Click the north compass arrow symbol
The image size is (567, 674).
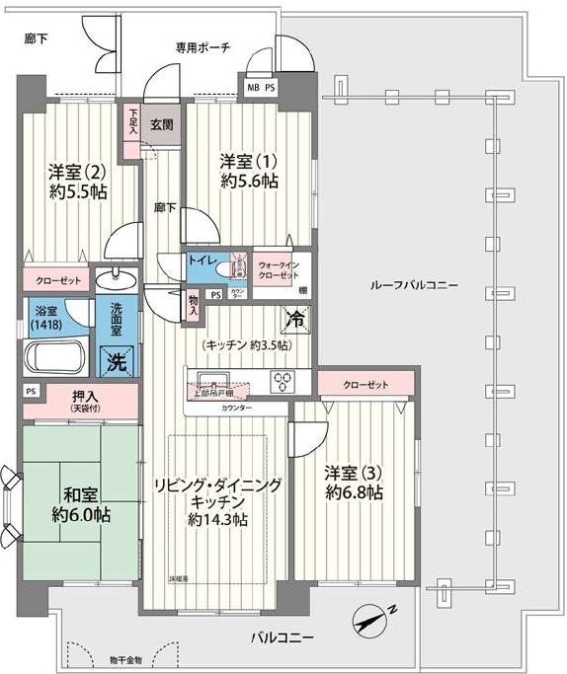point(373,619)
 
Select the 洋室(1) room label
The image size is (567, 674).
point(249,171)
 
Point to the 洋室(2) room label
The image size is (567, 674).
point(79,180)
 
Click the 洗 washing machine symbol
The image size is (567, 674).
point(117,361)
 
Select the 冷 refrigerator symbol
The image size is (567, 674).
point(295,320)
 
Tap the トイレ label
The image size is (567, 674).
point(204,260)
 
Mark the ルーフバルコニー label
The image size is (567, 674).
point(414,284)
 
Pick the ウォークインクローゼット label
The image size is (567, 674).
point(279,270)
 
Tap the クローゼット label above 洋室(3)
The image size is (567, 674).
point(365,384)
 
